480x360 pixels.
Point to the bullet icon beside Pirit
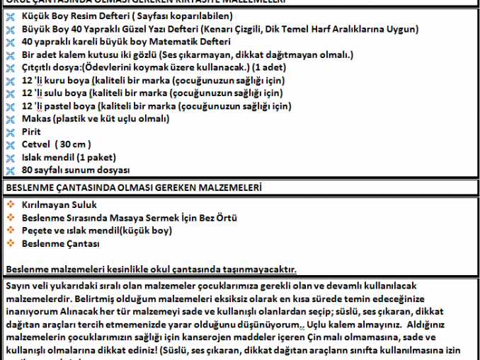click(x=9, y=132)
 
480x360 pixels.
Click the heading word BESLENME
click(x=28, y=187)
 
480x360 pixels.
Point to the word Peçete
click(x=38, y=231)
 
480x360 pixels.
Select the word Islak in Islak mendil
click(x=35, y=157)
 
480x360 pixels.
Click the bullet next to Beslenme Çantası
click(x=10, y=243)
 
